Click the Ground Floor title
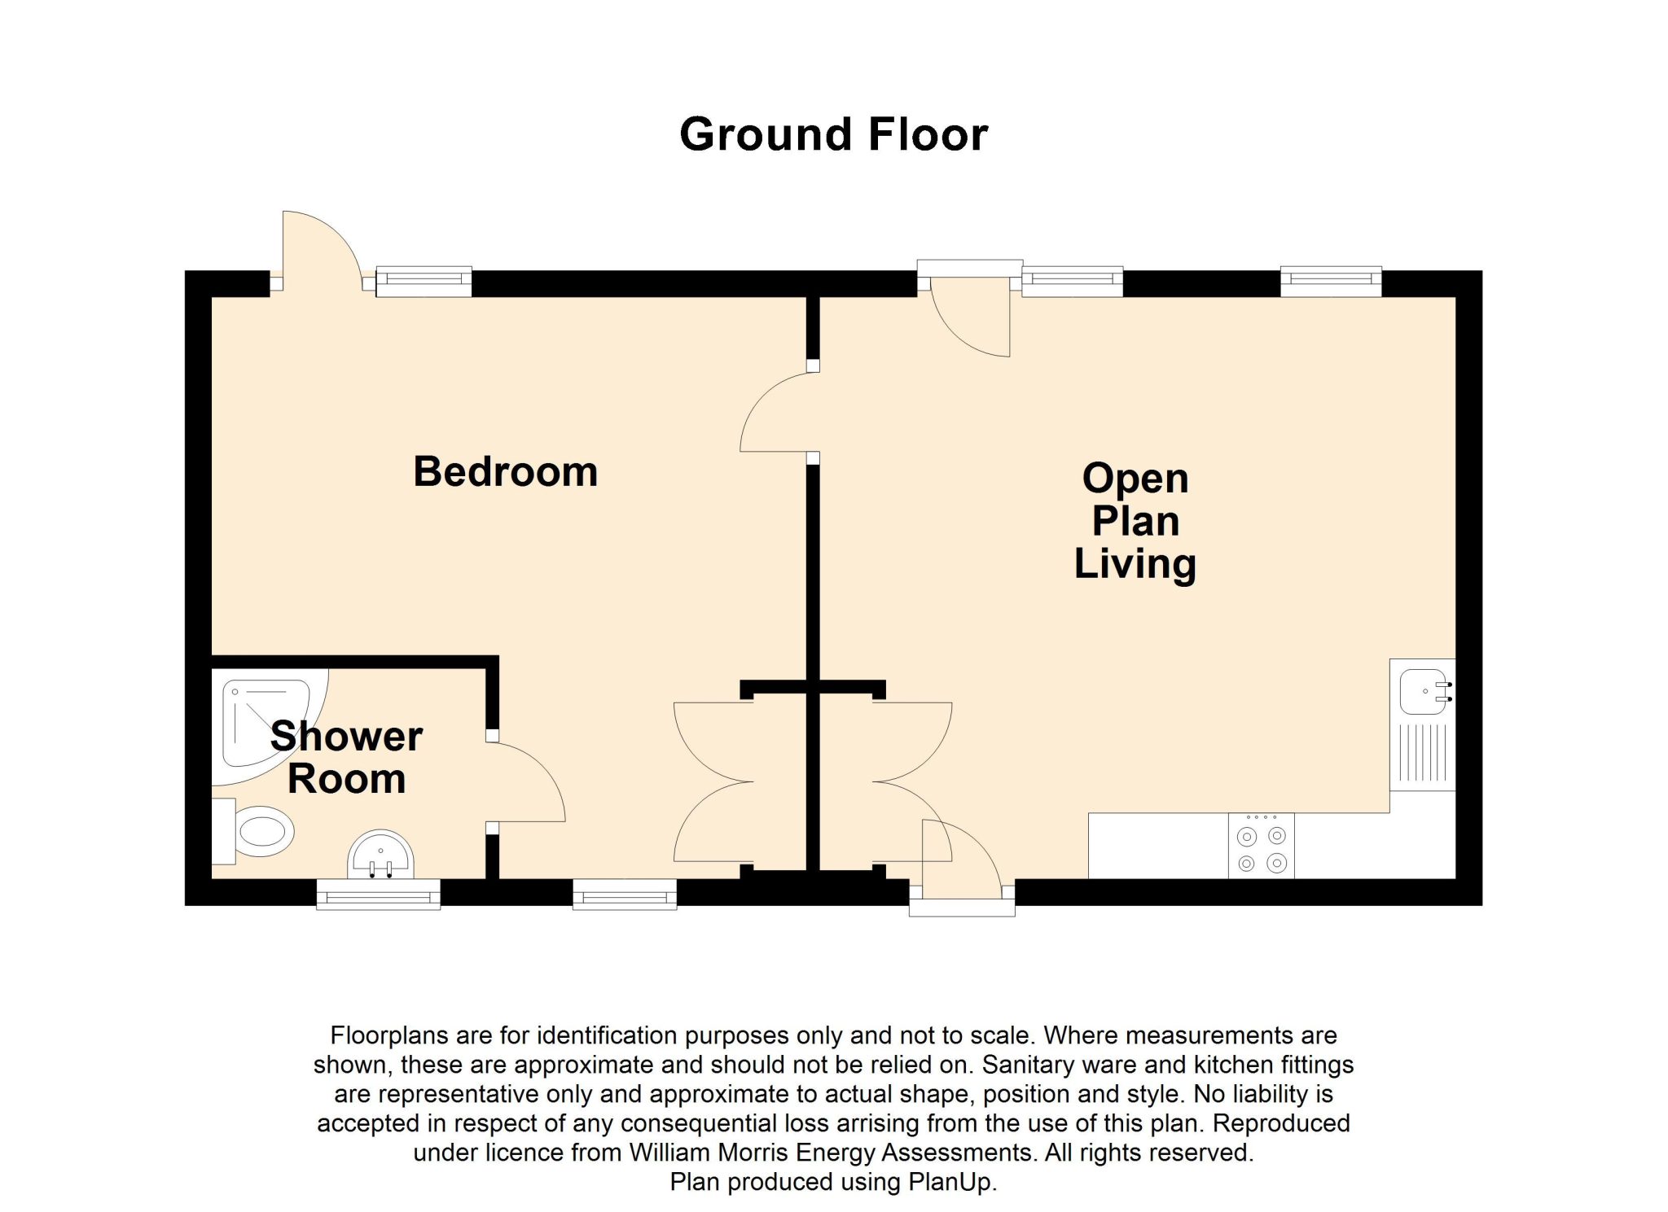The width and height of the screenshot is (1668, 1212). [x=833, y=134]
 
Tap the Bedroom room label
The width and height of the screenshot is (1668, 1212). [x=505, y=471]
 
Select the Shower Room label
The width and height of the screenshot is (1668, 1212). [x=346, y=757]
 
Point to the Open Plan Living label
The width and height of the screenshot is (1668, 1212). [x=1135, y=521]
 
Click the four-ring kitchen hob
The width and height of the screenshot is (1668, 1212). [x=1261, y=847]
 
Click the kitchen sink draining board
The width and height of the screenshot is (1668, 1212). [x=1423, y=754]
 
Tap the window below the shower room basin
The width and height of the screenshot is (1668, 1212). [x=379, y=895]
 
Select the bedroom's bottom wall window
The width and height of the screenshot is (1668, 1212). [x=625, y=894]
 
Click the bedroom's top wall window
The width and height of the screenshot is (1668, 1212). [x=424, y=281]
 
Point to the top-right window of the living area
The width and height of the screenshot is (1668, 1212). [x=1331, y=281]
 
